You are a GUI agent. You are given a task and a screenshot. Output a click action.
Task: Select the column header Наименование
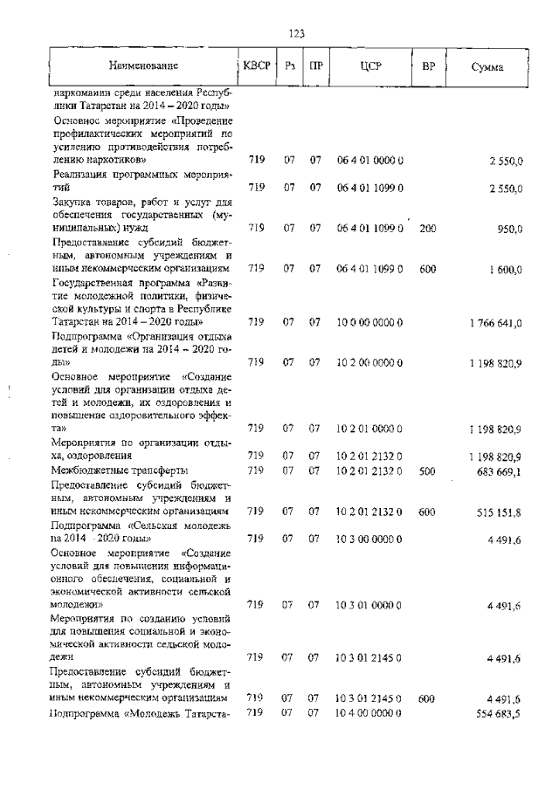click(x=143, y=66)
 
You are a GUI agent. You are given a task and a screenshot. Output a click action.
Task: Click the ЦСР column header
click(x=369, y=66)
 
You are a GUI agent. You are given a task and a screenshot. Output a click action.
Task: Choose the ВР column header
click(x=428, y=66)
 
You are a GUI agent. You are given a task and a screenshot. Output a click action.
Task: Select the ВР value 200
click(x=427, y=228)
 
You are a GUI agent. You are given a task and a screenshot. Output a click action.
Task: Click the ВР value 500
click(x=427, y=471)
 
